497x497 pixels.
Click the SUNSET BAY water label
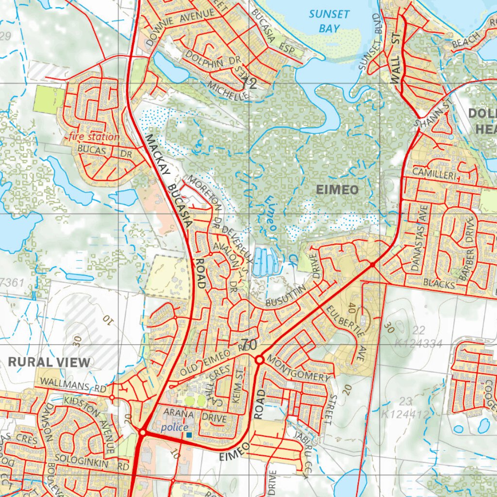[x=329, y=21]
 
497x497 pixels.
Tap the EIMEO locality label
[x=337, y=190]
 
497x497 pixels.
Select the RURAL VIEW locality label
[x=49, y=362]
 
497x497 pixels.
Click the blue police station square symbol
[x=189, y=435]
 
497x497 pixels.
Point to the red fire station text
[x=94, y=137]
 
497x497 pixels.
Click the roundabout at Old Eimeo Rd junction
[x=259, y=360]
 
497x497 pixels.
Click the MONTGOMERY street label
[x=299, y=370]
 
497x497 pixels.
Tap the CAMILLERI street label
[x=435, y=172]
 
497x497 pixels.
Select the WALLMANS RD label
[x=73, y=386]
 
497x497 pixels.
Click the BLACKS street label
[x=439, y=283]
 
